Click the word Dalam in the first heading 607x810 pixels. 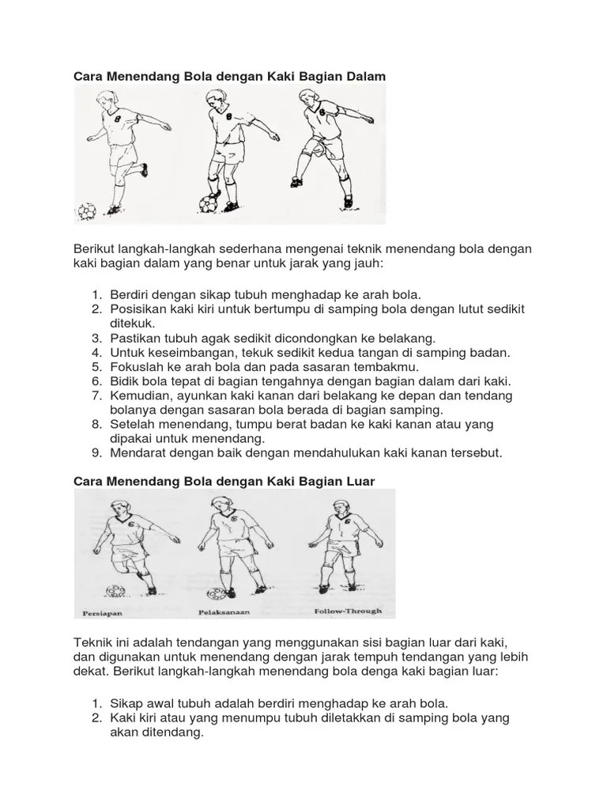pos(363,76)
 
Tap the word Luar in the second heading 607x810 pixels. pos(357,480)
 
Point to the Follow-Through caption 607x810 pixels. pos(347,611)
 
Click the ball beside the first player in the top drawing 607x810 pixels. pos(86,211)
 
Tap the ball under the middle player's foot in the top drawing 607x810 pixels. pos(209,203)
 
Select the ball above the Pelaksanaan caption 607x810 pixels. pos(214,592)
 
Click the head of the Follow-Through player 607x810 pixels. pos(341,507)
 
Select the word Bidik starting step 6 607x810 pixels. pos(123,380)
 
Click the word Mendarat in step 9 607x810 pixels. pos(137,452)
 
